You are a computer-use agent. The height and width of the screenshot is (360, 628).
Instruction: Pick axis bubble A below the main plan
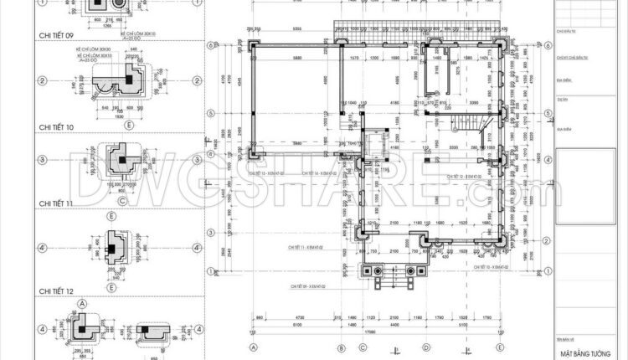(253, 347)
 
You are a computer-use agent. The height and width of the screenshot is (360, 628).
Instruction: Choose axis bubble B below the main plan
(341, 347)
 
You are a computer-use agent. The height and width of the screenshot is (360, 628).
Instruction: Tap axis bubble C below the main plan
(383, 347)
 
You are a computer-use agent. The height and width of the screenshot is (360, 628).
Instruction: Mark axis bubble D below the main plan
(426, 347)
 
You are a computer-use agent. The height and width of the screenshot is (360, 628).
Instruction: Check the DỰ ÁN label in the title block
(562, 98)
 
